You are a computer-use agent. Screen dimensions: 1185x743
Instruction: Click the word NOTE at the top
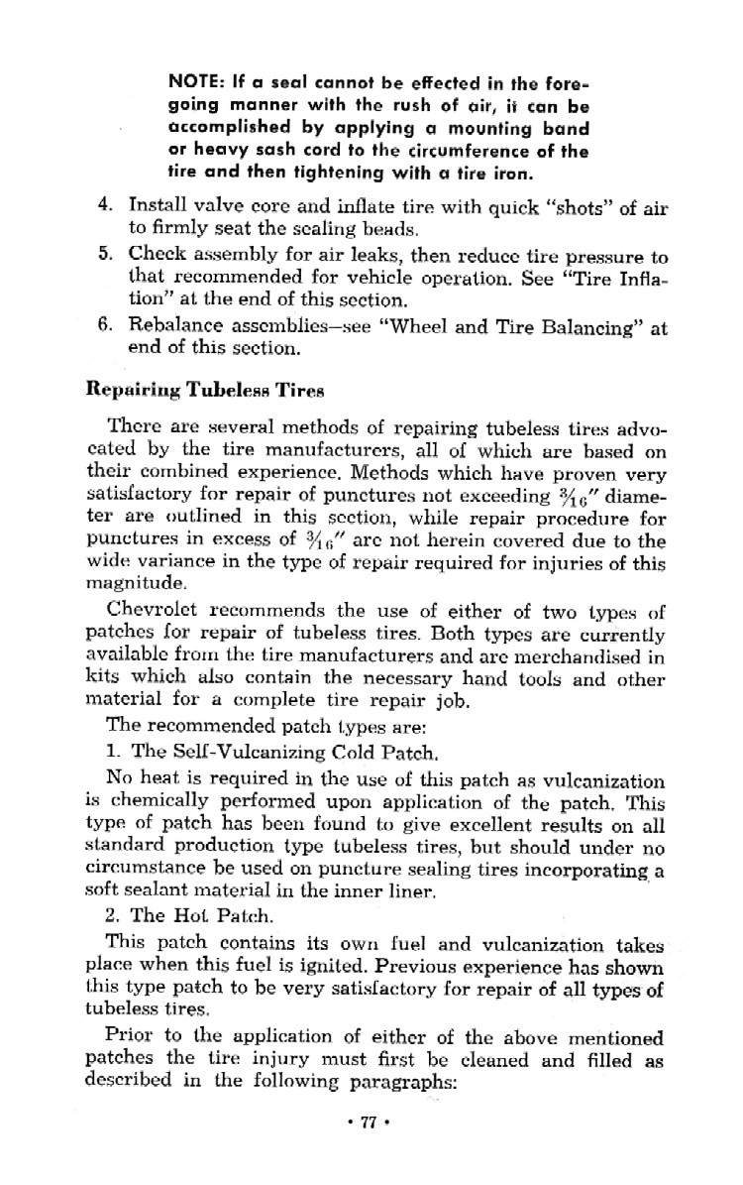point(191,82)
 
